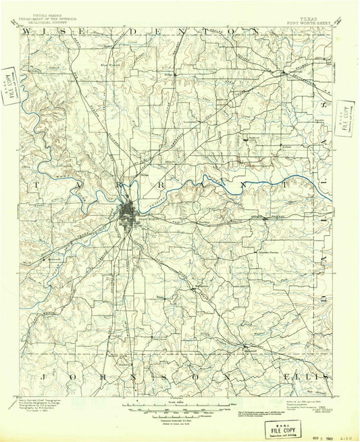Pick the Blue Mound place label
tap(108, 66)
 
